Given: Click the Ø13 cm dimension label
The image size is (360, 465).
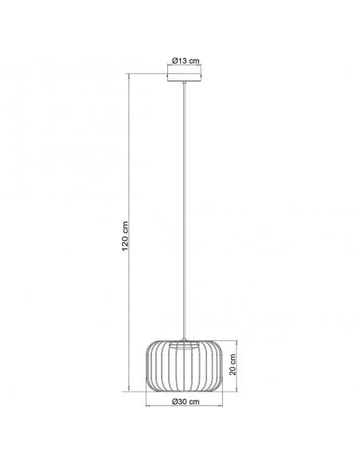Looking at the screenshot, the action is pos(186,61).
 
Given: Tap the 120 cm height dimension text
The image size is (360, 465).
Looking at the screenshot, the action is pos(125,236).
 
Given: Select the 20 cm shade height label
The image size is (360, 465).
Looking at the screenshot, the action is pos(233,365).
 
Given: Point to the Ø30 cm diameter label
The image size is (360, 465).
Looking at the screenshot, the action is pos(186,401).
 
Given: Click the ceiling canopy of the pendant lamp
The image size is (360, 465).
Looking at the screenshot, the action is pos(184,77).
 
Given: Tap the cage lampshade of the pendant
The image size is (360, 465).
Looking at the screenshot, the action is pos(184,366).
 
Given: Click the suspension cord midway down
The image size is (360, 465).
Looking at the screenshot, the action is pos(184,211).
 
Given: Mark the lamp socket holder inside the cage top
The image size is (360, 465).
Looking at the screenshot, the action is pos(184,346).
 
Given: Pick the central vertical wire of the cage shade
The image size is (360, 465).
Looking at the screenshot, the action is pos(184,367).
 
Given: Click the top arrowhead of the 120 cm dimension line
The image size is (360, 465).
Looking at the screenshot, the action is pos(129,76).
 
